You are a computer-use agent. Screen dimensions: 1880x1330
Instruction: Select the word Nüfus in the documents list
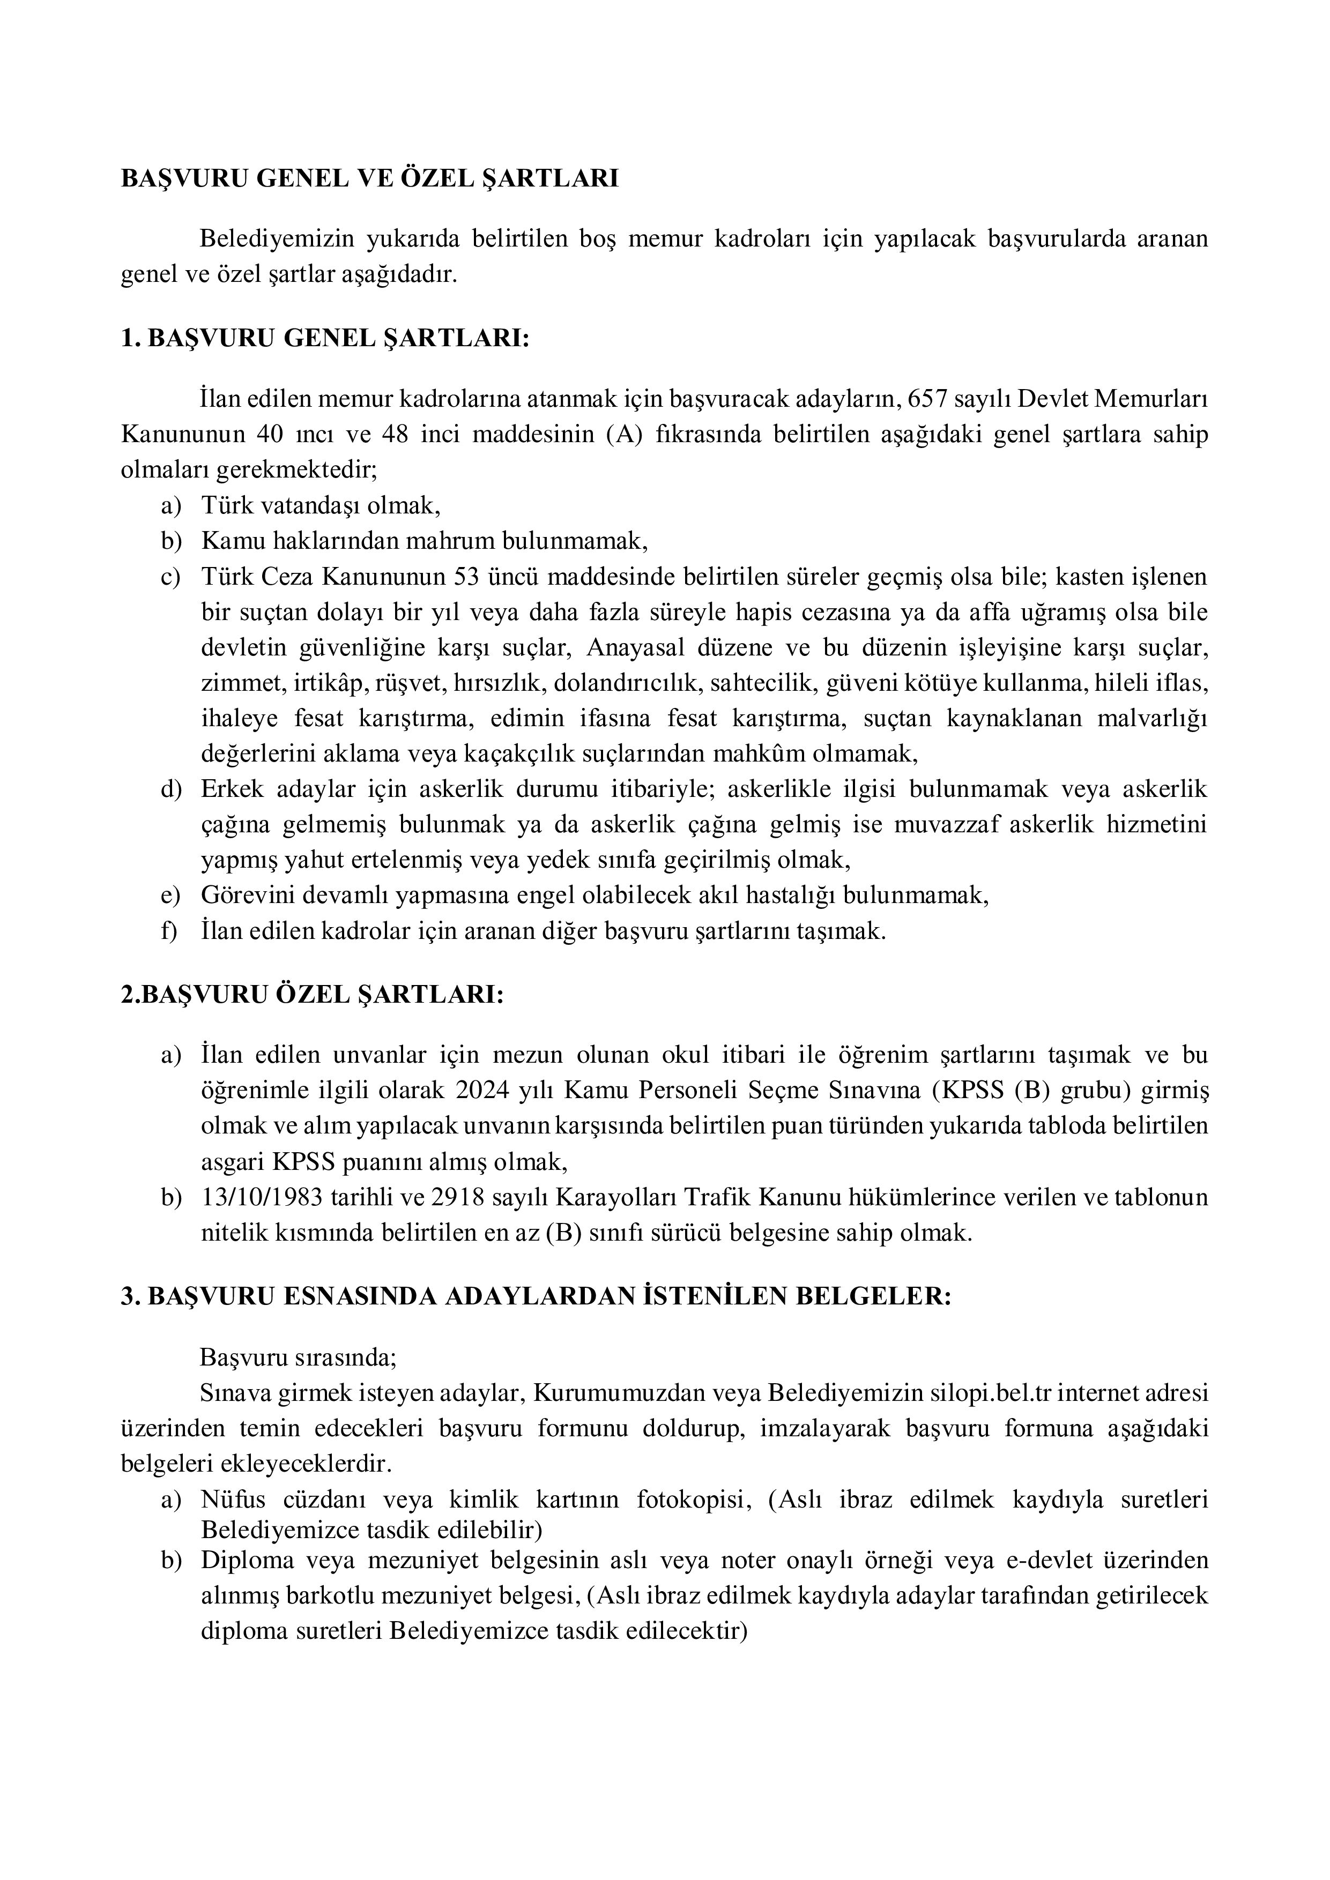coord(232,1499)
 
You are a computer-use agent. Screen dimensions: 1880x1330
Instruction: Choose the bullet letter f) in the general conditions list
coord(169,931)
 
